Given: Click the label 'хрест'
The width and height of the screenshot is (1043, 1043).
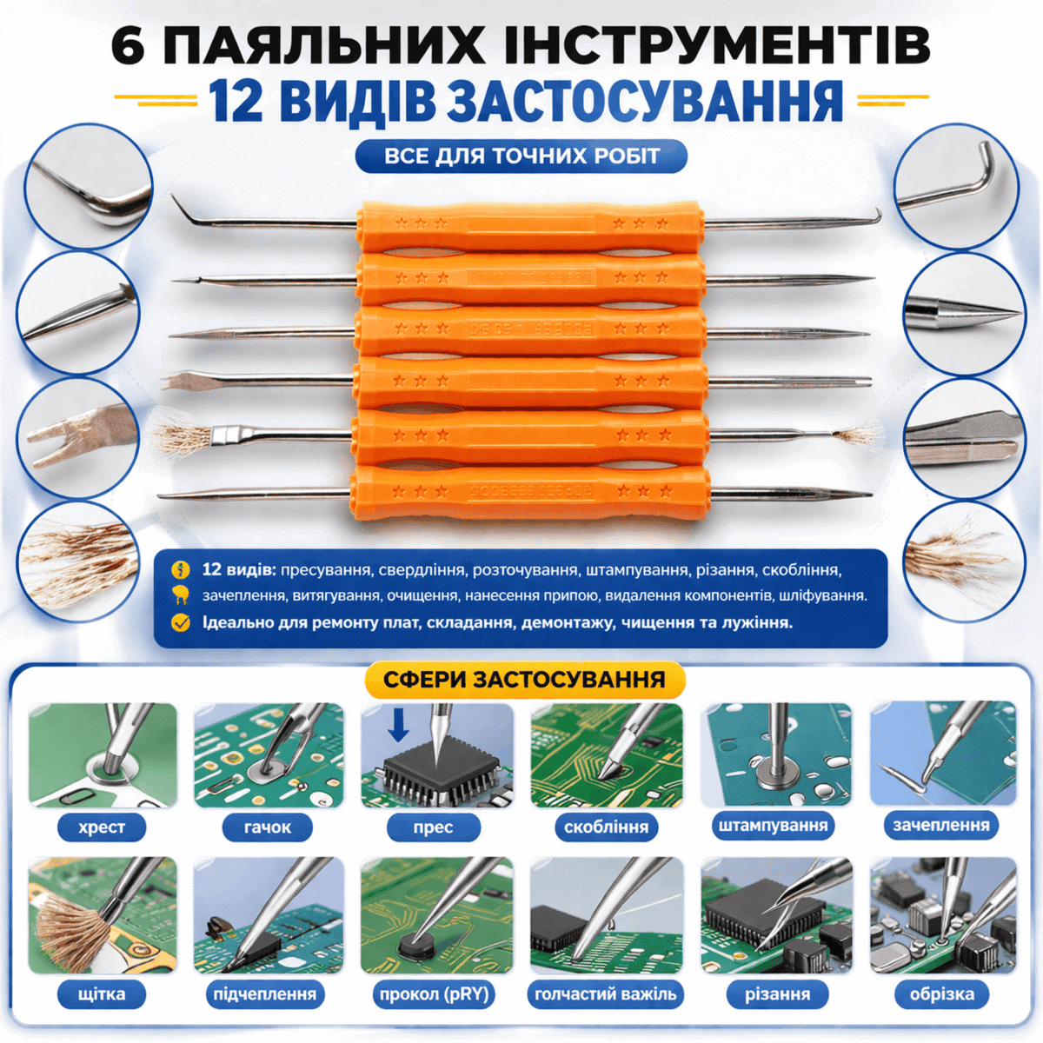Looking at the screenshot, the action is tap(102, 827).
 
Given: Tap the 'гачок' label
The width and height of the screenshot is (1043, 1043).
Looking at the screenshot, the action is tap(268, 827).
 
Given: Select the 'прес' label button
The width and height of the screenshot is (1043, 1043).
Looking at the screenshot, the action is tap(434, 827).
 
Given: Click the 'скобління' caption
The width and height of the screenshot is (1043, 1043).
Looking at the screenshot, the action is tap(606, 827).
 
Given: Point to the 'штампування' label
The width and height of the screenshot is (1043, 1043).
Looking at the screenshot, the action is tap(774, 826).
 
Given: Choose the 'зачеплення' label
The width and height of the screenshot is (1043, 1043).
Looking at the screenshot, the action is tap(941, 826).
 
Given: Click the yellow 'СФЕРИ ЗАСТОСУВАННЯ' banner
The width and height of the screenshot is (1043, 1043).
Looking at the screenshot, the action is tap(524, 680).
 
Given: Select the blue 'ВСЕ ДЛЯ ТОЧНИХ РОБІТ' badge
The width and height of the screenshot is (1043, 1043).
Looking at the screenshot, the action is tap(521, 156).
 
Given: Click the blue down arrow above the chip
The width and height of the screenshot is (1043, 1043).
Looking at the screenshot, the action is tap(398, 725).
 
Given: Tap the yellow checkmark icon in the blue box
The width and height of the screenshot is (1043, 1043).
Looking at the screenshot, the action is tap(180, 622).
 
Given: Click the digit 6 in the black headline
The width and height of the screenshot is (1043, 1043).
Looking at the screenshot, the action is tap(129, 46).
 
